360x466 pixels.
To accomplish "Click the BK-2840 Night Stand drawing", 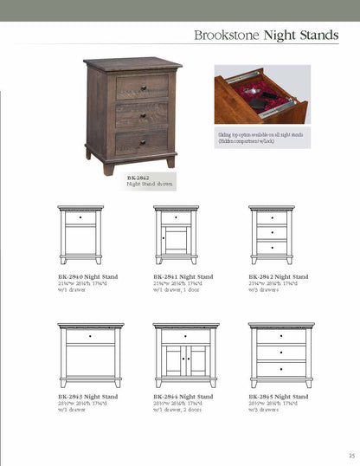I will click(x=80, y=234).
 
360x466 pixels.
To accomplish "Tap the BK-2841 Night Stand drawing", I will click(x=176, y=234).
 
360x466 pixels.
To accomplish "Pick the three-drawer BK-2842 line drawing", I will click(x=271, y=234).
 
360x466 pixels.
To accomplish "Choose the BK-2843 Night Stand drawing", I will click(x=90, y=354).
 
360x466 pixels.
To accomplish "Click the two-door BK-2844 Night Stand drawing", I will click(x=185, y=354).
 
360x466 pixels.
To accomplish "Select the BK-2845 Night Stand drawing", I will click(x=280, y=354).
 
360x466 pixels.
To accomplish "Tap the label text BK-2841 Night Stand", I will click(x=183, y=276).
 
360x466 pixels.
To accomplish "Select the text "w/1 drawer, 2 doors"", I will click(x=177, y=409).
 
